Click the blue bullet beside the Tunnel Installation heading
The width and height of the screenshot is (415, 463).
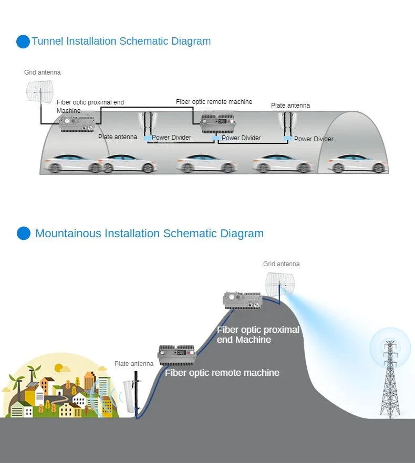pos(23,41)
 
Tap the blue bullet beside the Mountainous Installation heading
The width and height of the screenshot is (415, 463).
pos(24,233)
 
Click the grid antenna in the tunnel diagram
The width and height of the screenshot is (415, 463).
pos(40,91)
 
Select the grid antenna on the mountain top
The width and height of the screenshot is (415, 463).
pos(279,283)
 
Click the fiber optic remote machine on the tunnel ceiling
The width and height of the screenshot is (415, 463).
pos(217,123)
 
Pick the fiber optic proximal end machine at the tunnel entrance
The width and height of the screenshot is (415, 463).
pos(77,124)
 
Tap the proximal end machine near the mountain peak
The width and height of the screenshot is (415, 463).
pos(242,301)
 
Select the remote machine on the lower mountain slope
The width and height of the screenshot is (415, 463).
pos(177,355)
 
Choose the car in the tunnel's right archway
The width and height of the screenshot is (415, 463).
pos(358,164)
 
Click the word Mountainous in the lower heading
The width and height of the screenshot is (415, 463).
pos(68,233)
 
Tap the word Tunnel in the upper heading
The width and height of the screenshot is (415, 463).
pos(48,41)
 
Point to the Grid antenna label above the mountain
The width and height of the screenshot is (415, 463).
pos(282,264)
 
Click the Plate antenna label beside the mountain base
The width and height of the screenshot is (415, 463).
pos(134,364)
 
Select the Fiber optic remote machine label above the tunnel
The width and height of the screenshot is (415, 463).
pos(214,102)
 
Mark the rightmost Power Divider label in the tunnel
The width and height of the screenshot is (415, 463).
pos(314,139)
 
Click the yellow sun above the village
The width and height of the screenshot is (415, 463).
pos(59,368)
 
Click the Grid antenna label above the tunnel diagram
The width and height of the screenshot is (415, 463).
pos(42,72)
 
